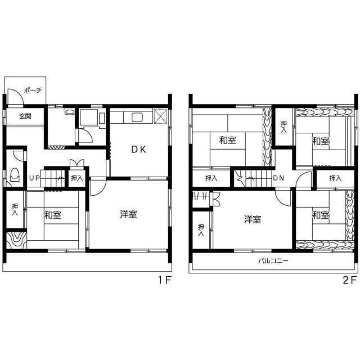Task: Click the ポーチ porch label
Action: pyautogui.click(x=33, y=90)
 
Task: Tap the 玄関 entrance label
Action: pyautogui.click(x=25, y=116)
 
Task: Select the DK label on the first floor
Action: pyautogui.click(x=138, y=150)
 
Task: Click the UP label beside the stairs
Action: pyautogui.click(x=34, y=178)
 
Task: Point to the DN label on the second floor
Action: pyautogui.click(x=278, y=178)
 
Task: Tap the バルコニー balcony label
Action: pyautogui.click(x=273, y=261)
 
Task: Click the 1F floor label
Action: pyautogui.click(x=164, y=280)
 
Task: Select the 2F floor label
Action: pyautogui.click(x=350, y=280)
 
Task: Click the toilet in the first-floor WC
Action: pyautogui.click(x=15, y=175)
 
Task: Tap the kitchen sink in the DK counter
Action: pyautogui.click(x=137, y=118)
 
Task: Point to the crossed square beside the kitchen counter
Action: pyautogui.click(x=160, y=116)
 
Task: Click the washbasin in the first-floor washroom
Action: pyautogui.click(x=70, y=112)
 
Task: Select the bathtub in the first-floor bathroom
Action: pyautogui.click(x=88, y=117)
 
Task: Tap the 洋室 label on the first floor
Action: pyautogui.click(x=129, y=214)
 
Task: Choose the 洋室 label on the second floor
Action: pyautogui.click(x=253, y=219)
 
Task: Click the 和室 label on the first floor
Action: pyautogui.click(x=52, y=215)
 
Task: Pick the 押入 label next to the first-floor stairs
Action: pyautogui.click(x=76, y=178)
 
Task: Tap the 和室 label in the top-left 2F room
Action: pyautogui.click(x=227, y=140)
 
